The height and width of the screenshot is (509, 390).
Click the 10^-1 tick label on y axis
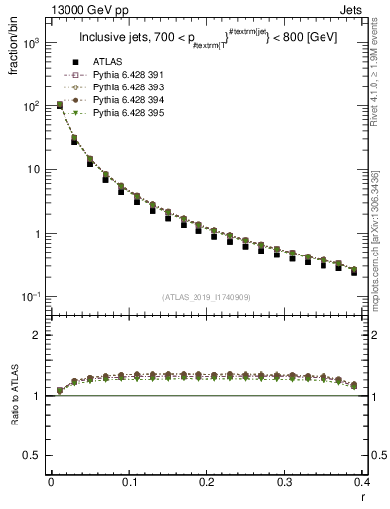tap(32, 297)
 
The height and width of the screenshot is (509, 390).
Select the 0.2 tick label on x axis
tap(206, 481)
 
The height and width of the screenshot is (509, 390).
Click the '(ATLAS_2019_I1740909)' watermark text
tap(205, 296)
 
